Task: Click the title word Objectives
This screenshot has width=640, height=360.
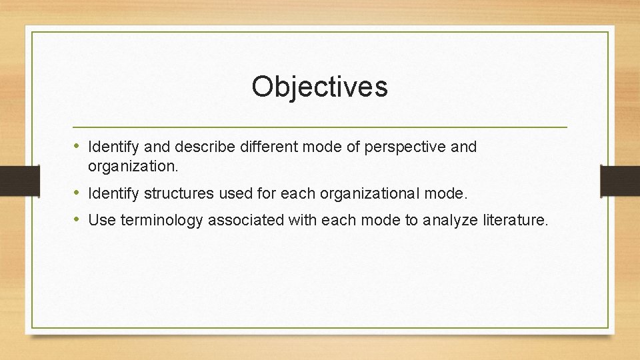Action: (x=319, y=87)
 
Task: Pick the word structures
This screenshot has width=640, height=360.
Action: (x=180, y=194)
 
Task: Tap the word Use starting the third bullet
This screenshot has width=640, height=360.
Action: (x=102, y=220)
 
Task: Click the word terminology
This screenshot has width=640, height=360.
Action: (x=162, y=221)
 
